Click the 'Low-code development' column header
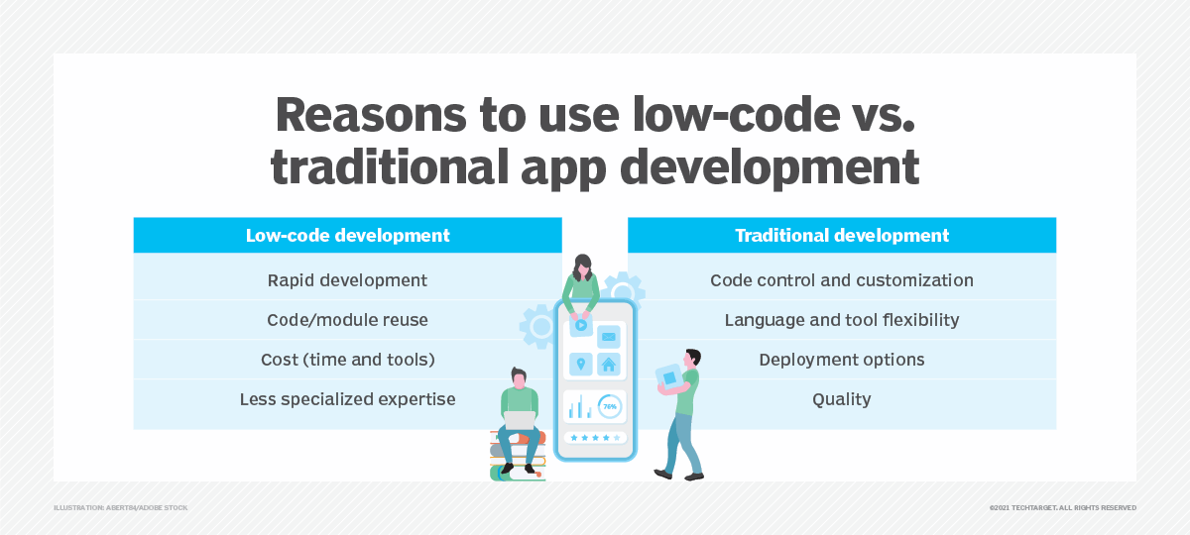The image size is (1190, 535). (x=347, y=236)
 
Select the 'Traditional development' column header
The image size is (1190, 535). (x=842, y=236)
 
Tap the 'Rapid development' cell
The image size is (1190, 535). (x=347, y=280)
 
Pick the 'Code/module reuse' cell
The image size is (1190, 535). (x=347, y=320)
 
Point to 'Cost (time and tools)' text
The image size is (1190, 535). (x=347, y=360)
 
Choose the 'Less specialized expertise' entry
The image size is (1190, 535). (x=347, y=399)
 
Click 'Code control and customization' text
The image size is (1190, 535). (x=842, y=280)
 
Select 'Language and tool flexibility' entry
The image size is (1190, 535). (x=842, y=320)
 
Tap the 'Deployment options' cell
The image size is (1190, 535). (x=842, y=360)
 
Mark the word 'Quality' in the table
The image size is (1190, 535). (x=842, y=399)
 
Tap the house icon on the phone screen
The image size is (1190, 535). (x=609, y=364)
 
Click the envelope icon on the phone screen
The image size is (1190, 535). (x=609, y=333)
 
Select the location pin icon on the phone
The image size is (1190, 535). (x=580, y=364)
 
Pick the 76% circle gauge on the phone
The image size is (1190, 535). (x=609, y=406)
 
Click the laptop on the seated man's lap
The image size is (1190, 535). (x=519, y=420)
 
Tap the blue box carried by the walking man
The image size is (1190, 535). (x=668, y=379)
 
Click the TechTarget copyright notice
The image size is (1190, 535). (x=1062, y=507)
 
